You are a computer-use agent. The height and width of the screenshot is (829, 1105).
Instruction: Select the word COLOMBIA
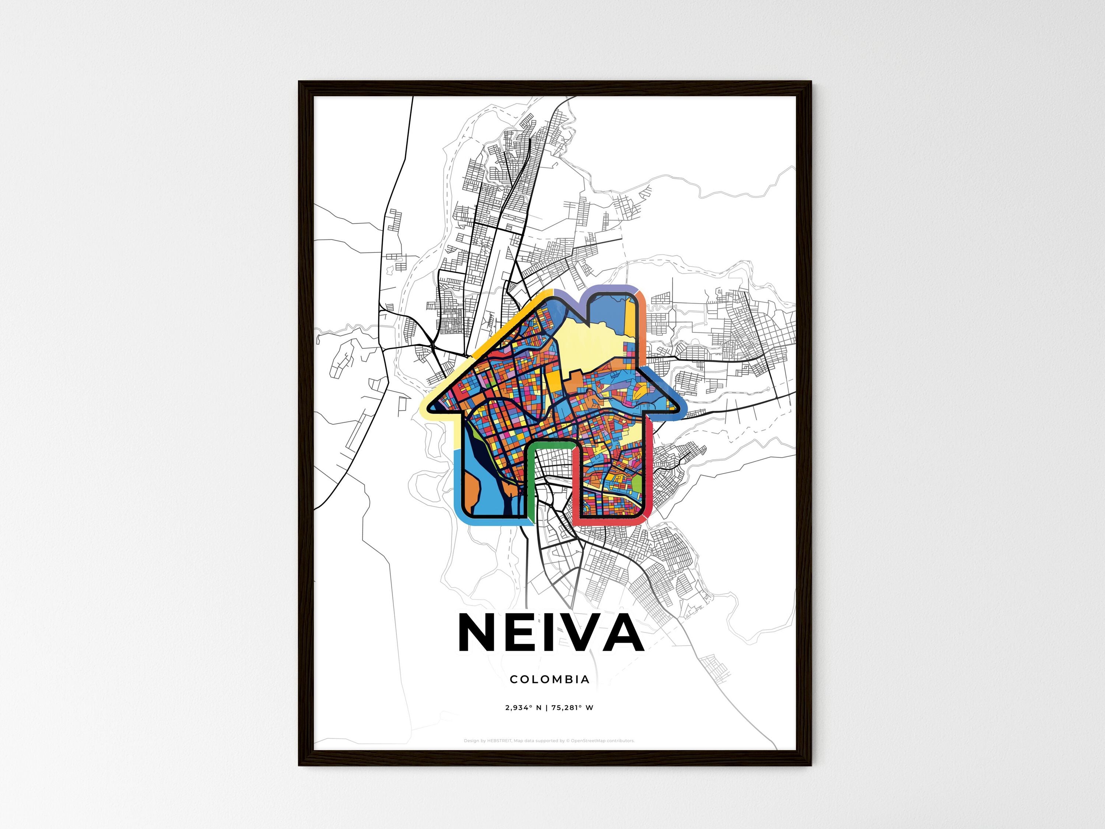(x=550, y=679)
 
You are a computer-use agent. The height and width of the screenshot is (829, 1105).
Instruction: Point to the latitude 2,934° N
(x=523, y=707)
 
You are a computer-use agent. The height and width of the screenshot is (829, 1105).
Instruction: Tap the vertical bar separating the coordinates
(x=547, y=707)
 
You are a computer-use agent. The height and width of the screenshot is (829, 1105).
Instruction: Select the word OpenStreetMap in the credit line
(x=588, y=741)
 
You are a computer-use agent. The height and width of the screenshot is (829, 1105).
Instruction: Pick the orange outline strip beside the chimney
(x=641, y=320)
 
